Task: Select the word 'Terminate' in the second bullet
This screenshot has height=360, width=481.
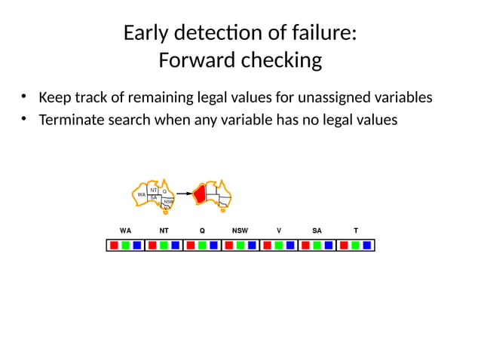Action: coord(72,119)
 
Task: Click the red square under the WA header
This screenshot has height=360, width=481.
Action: coord(113,245)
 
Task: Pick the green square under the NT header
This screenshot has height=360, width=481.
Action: coord(163,245)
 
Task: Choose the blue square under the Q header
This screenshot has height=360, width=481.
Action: coord(213,245)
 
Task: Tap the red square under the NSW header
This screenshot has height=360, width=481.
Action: coord(228,245)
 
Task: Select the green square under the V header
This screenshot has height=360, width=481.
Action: coord(278,245)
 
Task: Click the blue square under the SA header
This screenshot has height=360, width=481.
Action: coord(329,245)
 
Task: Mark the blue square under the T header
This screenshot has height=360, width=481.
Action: coord(366,245)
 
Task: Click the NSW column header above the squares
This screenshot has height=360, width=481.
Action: coord(240,228)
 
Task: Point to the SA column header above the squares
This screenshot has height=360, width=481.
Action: coord(317,228)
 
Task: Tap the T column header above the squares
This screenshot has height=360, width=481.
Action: coord(355,228)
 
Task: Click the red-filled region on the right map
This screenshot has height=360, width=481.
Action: coord(201,194)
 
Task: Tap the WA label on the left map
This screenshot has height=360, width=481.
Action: coord(141,194)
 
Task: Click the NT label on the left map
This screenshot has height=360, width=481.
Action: coord(153,190)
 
